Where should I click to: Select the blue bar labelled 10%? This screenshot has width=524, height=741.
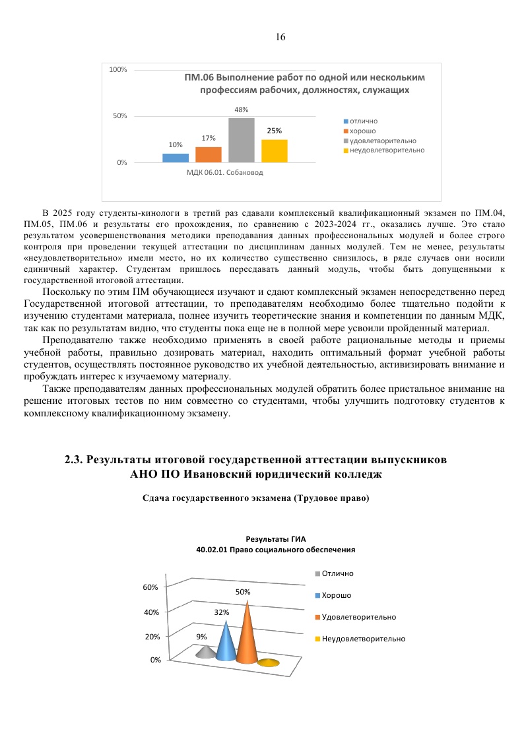(175, 158)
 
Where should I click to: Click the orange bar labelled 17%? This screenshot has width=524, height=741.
(208, 154)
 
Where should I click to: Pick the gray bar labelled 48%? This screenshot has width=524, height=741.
(241, 140)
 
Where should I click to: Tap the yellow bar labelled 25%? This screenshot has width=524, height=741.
(274, 150)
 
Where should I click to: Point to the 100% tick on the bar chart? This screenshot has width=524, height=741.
(118, 69)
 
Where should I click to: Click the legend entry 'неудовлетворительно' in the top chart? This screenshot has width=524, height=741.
(387, 150)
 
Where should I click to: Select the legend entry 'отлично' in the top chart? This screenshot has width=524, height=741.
(364, 122)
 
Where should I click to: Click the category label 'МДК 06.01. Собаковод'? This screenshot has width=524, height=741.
(224, 173)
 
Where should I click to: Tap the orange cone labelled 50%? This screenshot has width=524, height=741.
(247, 637)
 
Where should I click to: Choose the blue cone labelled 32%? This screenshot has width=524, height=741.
(226, 643)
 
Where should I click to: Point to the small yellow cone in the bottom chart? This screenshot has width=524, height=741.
(268, 663)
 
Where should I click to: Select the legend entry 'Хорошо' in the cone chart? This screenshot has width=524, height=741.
(336, 595)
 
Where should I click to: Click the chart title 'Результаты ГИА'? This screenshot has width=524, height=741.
(276, 538)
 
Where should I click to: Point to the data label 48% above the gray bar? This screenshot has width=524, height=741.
(241, 110)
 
